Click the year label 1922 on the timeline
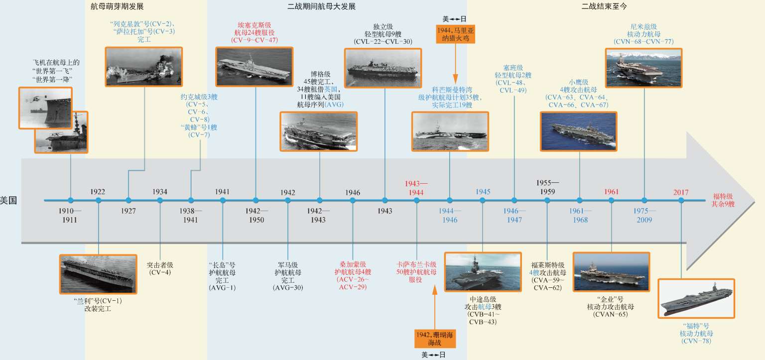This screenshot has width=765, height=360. click(x=98, y=192)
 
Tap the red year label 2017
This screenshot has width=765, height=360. click(x=681, y=192)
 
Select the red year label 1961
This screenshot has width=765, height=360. click(x=612, y=192)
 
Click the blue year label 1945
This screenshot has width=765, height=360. click(x=483, y=192)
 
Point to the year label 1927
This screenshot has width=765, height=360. click(x=128, y=211)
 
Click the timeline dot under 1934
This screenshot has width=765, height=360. click(x=160, y=201)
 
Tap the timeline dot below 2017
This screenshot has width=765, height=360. click(x=681, y=201)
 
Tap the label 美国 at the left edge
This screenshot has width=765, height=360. click(x=9, y=201)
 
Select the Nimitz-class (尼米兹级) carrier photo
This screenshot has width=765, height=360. click(x=644, y=68)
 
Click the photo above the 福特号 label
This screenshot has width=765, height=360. click(x=696, y=298)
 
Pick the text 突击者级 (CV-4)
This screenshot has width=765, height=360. click(x=160, y=269)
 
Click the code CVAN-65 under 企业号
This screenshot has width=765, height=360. click(x=612, y=315)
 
